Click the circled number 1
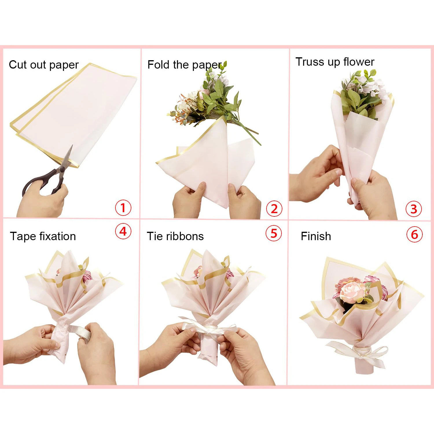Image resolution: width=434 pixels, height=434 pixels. [123, 208]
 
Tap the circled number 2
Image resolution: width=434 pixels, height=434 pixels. [274, 209]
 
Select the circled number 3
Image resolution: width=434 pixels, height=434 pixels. [414, 209]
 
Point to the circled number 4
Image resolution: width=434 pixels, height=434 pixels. [123, 231]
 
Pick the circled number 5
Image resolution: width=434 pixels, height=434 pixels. [274, 233]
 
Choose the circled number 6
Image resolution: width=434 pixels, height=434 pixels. [414, 234]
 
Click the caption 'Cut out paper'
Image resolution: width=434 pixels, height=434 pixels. [44, 65]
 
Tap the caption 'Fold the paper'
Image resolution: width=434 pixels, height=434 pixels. [185, 65]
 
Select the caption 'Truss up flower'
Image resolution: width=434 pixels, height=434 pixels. [335, 62]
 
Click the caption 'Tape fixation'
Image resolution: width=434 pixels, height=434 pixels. [43, 236]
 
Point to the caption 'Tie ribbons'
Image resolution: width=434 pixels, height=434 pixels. [175, 236]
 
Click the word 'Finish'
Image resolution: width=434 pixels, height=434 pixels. [316, 236]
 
